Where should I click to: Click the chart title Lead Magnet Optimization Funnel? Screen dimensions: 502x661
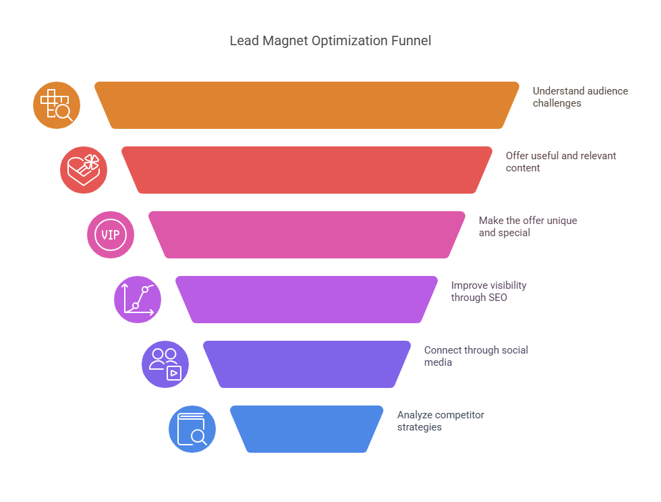330,40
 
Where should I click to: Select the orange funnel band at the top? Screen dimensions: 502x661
307,105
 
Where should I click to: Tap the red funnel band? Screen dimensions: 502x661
307,170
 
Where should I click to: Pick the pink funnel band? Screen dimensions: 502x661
307,235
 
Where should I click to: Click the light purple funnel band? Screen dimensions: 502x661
307,300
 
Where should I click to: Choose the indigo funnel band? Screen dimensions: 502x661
307,364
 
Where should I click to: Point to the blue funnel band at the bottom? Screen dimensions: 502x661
307,429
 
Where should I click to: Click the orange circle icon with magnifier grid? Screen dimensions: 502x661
57,105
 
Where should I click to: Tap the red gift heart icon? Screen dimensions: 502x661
84,170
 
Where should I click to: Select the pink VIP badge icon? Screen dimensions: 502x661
111,235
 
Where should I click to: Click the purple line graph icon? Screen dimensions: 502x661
138,300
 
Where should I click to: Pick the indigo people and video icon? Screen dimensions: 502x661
165,364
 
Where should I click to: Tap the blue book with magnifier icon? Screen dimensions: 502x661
192,429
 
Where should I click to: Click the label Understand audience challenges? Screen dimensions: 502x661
580,97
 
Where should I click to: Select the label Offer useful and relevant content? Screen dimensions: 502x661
561,162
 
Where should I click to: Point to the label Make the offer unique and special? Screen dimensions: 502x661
527,227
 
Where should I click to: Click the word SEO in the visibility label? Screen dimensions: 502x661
497,297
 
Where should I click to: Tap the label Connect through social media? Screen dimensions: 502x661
476,356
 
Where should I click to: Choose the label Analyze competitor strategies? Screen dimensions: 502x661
440,421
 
